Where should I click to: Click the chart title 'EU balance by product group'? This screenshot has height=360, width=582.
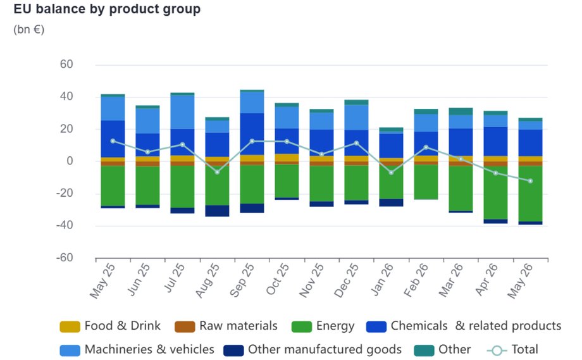point(107,9)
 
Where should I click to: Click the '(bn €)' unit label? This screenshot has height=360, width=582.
point(29,29)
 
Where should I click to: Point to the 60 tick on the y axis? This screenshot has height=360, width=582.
point(66,64)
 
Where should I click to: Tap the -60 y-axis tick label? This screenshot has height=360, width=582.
point(65,258)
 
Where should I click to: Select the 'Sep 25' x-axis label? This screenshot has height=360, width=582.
point(242,280)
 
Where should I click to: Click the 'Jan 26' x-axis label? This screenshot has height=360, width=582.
point(382,280)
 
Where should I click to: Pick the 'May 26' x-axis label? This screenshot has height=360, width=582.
point(520,281)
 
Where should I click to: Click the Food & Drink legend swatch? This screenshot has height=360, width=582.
point(70,326)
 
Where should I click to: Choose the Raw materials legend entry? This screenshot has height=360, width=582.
point(226,326)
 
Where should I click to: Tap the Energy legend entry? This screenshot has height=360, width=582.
point(323,326)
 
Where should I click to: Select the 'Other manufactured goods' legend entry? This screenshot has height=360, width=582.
point(313,350)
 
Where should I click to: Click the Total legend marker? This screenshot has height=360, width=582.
point(497,351)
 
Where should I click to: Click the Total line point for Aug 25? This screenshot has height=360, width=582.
point(217,172)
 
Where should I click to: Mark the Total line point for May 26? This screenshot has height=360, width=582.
point(530,181)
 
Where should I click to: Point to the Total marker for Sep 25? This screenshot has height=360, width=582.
point(252,141)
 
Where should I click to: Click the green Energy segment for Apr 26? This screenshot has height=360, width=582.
point(495,192)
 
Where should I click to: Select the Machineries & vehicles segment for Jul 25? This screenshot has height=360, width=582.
point(182,113)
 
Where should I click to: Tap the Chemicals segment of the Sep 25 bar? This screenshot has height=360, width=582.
point(252,134)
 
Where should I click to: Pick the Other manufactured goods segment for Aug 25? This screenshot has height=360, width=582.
point(217,211)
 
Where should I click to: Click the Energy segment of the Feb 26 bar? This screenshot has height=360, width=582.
point(426,182)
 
